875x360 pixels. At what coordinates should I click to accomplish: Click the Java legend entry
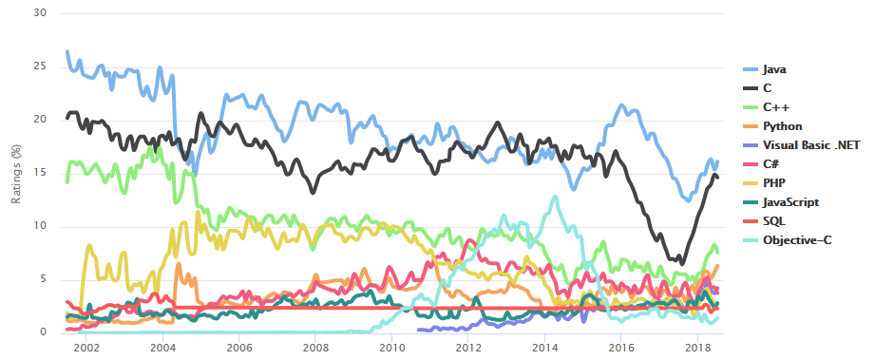coord(774,69)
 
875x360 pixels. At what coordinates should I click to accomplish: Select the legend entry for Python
coord(782,126)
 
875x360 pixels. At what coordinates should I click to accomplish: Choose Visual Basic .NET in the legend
coord(803,144)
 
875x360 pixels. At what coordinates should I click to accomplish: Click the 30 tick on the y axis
coord(41,13)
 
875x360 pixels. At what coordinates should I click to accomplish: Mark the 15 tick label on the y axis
coord(41,173)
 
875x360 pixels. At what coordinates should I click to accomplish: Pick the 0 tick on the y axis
coord(44,332)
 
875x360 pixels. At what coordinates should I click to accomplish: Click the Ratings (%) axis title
coord(15,173)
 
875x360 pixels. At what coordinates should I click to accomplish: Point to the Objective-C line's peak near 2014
coord(555,198)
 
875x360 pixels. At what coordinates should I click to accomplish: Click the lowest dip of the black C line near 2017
coord(680,263)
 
